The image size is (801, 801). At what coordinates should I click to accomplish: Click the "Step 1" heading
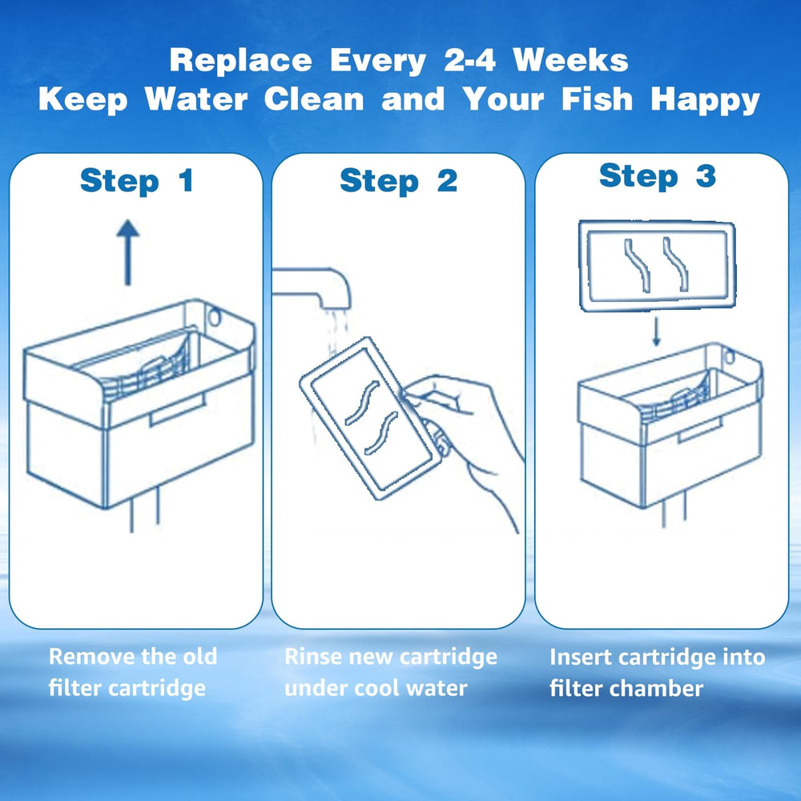click(x=136, y=181)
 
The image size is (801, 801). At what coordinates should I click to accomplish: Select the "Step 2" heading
click(x=398, y=181)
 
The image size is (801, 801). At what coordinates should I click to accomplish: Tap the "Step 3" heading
click(x=657, y=176)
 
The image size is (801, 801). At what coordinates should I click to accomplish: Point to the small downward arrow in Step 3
click(x=657, y=331)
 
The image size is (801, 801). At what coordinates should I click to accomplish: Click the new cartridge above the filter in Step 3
click(x=656, y=267)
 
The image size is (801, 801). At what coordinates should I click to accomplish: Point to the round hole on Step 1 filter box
click(x=214, y=318)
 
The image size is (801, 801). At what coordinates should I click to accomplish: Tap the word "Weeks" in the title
click(x=570, y=61)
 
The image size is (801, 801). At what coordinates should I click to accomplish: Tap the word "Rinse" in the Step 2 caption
click(x=313, y=657)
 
